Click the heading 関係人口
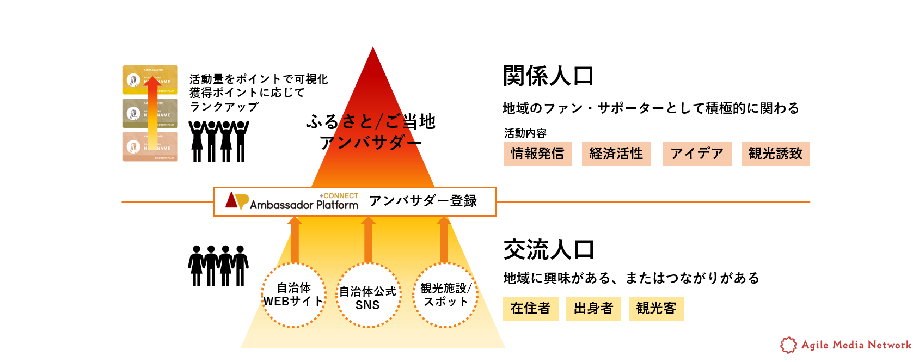coord(548,76)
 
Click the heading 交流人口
coord(548,250)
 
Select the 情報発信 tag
coord(537,154)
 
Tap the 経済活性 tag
coord(616,154)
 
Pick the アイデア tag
coord(696,154)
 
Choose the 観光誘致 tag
coord(775,154)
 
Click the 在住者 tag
coord(530,309)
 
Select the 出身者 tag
coord(593,309)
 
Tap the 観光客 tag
coord(656,309)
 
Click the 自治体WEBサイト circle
coord(294,295)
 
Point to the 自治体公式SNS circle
coord(368,296)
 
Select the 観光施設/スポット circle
coord(445,295)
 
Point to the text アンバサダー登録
coord(423,201)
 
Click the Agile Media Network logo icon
coord(788,345)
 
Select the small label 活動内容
coord(525,133)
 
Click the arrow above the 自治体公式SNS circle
coord(368,240)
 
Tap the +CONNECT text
coord(339,196)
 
